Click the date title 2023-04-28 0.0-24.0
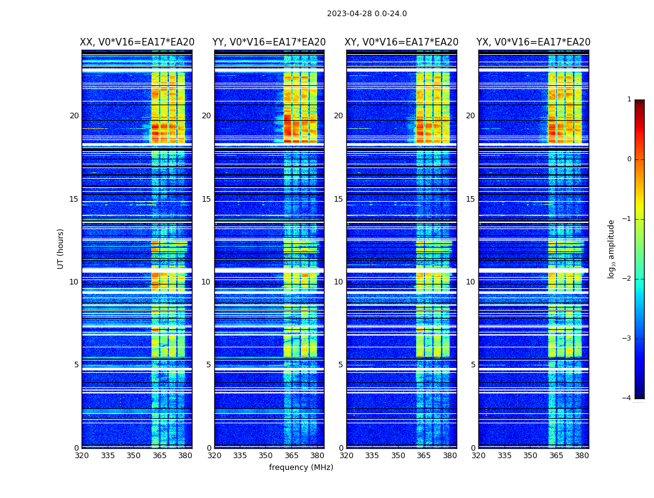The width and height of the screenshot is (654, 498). click(x=367, y=14)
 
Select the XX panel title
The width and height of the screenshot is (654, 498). click(x=137, y=42)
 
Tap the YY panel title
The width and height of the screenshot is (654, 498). click(x=269, y=42)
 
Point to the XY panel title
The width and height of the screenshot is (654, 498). click(x=401, y=42)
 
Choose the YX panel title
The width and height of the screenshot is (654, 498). click(x=533, y=42)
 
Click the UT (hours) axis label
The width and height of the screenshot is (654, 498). click(x=61, y=248)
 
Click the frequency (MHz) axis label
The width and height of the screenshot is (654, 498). click(x=301, y=467)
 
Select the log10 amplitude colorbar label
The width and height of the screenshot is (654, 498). click(x=612, y=248)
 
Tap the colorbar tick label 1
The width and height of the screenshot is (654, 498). click(x=629, y=100)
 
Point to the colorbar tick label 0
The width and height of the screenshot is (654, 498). click(x=629, y=159)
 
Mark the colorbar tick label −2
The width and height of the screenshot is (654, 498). click(x=627, y=279)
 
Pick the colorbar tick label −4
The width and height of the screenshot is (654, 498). click(x=627, y=398)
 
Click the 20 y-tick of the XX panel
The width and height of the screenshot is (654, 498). click(x=74, y=116)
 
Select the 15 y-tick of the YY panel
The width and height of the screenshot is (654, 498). click(x=206, y=199)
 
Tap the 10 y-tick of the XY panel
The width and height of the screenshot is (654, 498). click(x=338, y=282)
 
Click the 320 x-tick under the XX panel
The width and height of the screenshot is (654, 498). click(x=82, y=456)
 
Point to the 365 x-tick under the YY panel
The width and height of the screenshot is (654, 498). click(x=291, y=456)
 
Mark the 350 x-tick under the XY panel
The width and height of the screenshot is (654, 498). click(x=398, y=456)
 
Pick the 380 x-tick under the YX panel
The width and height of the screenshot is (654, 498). click(x=582, y=456)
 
